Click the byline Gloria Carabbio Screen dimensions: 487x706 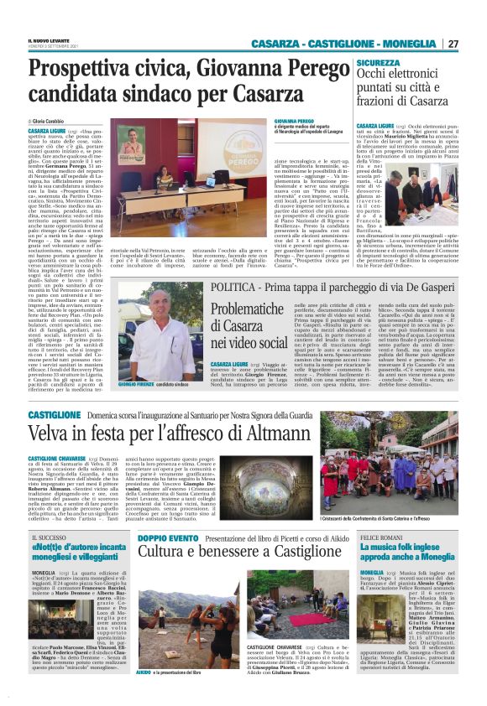pos(54,122)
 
